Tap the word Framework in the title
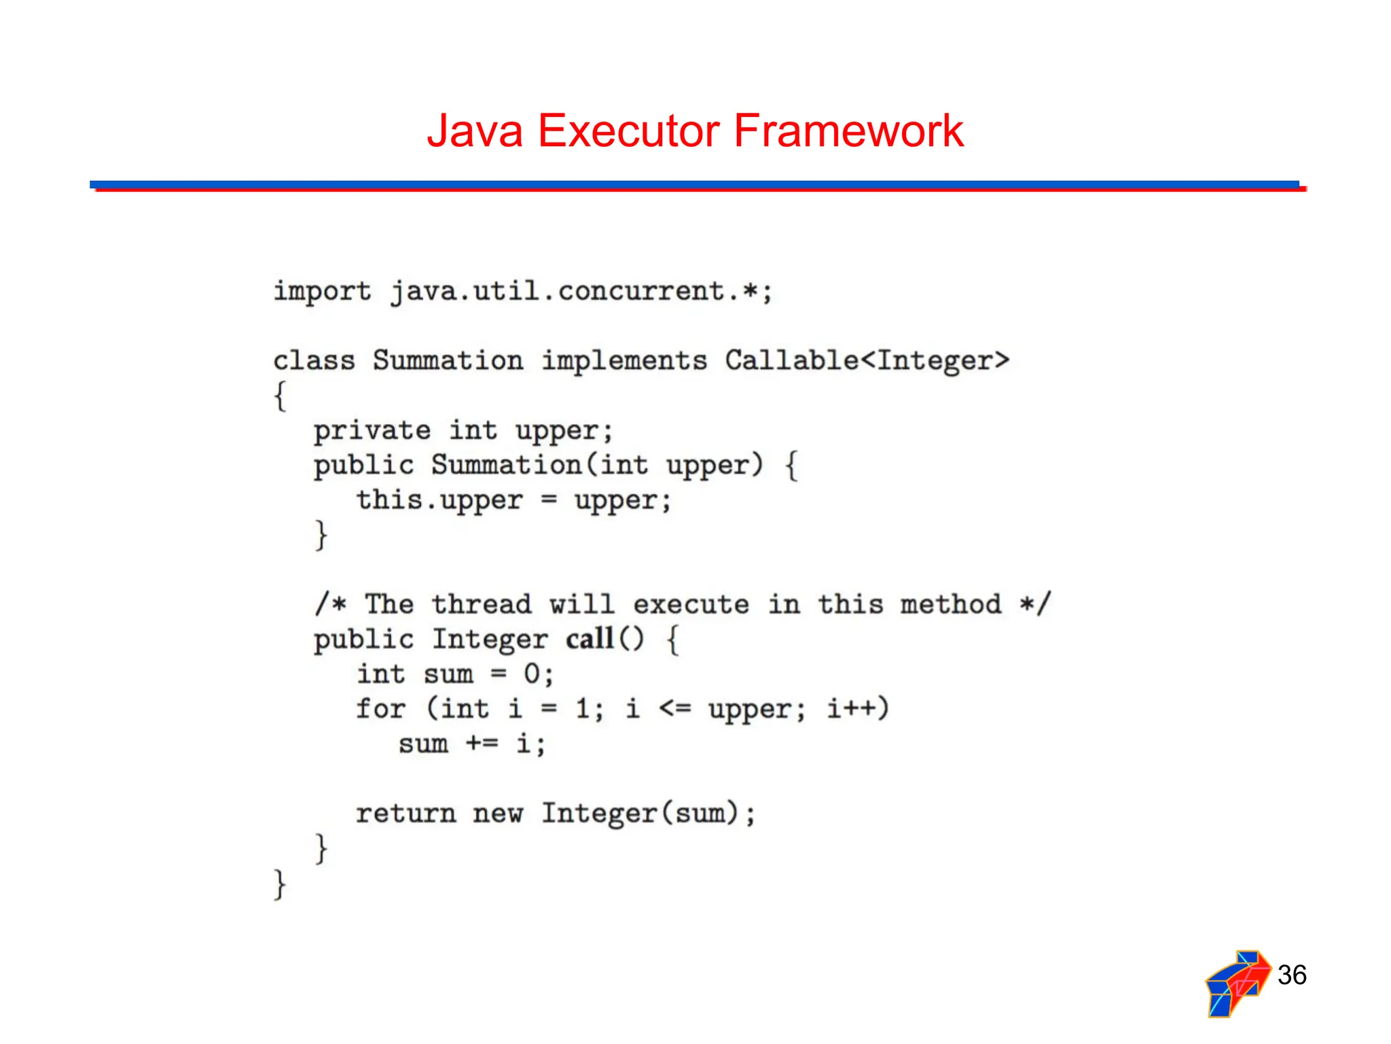coord(848,130)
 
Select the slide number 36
coord(1291,975)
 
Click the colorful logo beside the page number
coord(1237,983)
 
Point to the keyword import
coord(322,292)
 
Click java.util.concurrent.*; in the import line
coord(581,292)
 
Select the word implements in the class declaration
coord(624,361)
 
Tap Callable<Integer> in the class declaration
coord(867,361)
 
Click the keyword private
coord(372,431)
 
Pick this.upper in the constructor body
coord(439,501)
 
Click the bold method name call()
coord(604,639)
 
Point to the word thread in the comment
coord(482,604)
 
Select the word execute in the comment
coord(691,604)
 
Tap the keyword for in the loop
coord(380,709)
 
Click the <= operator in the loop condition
coord(674,709)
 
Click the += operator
coord(482,744)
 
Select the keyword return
coord(405,813)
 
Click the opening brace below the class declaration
coord(280,396)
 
